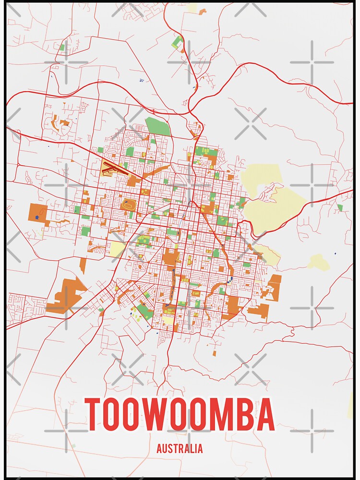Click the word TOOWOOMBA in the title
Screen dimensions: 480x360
tap(180, 415)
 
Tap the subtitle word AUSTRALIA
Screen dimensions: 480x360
tap(180, 449)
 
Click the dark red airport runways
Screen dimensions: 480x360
tap(114, 169)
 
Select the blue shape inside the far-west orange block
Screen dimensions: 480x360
tap(37, 217)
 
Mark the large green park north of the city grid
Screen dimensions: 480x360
tap(157, 126)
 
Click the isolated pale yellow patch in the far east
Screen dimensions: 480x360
tap(319, 262)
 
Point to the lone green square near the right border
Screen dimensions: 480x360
tap(340, 207)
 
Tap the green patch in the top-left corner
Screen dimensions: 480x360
tap(62, 48)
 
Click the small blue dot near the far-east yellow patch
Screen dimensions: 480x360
tap(335, 253)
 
